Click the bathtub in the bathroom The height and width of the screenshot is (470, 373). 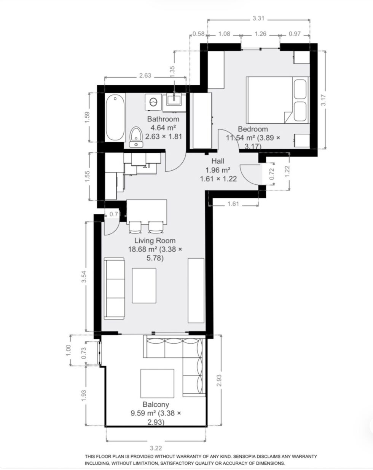pyautogui.click(x=115, y=118)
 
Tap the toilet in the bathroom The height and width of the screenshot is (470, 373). pyautogui.click(x=135, y=137)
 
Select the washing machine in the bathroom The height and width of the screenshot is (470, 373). pyautogui.click(x=154, y=103)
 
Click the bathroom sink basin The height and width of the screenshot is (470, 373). pyautogui.click(x=174, y=101)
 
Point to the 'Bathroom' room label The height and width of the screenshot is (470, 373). pyautogui.click(x=163, y=119)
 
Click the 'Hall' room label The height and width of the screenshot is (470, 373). pyautogui.click(x=218, y=161)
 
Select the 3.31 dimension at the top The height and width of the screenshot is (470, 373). pyautogui.click(x=258, y=18)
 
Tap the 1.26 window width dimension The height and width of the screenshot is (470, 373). pyautogui.click(x=260, y=34)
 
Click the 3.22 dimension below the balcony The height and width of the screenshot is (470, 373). pyautogui.click(x=156, y=448)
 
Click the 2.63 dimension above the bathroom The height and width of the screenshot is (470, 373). pyautogui.click(x=145, y=75)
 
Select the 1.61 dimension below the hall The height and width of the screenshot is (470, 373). pyautogui.click(x=233, y=204)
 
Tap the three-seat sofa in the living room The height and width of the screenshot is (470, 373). pyautogui.click(x=115, y=288)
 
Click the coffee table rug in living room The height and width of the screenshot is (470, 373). pyautogui.click(x=144, y=285)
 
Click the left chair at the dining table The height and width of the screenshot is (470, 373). pyautogui.click(x=135, y=227)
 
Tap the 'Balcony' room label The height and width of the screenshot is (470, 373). pyautogui.click(x=156, y=404)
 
